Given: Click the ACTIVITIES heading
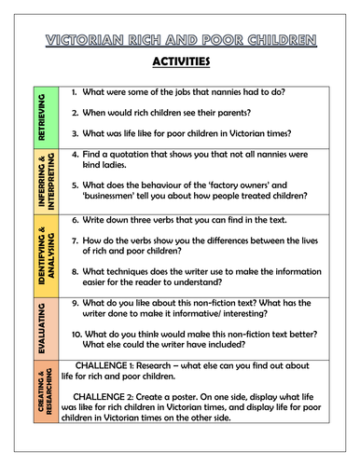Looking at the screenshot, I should click(179, 62).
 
